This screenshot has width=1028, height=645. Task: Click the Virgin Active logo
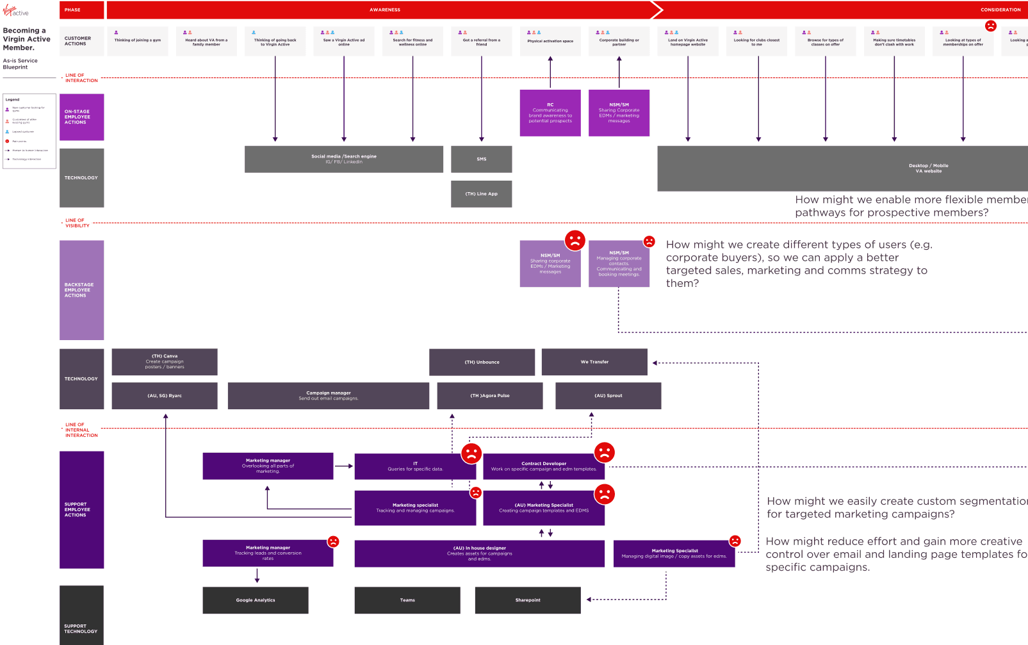click(15, 11)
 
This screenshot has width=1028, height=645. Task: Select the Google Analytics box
click(255, 600)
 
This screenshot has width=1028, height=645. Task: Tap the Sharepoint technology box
click(527, 600)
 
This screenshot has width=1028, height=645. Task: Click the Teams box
click(407, 600)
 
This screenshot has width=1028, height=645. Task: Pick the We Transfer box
click(594, 362)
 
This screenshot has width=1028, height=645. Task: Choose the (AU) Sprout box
click(608, 396)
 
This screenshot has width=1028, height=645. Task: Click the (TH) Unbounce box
click(482, 362)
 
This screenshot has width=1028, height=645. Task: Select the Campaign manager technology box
click(328, 396)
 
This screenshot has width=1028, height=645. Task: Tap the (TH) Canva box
click(164, 362)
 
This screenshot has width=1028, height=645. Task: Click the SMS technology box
click(481, 159)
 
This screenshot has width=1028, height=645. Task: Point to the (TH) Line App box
click(481, 194)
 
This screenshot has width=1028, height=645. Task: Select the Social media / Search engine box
click(343, 159)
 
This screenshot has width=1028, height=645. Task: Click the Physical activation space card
click(550, 41)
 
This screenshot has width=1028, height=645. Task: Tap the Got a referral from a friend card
click(481, 41)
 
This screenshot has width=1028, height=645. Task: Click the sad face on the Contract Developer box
click(604, 452)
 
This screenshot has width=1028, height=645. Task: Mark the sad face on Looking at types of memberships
click(990, 26)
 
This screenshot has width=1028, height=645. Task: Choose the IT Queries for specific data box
click(414, 466)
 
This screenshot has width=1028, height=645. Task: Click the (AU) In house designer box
click(479, 553)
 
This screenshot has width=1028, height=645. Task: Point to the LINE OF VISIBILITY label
click(77, 223)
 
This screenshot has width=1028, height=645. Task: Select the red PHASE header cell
click(81, 10)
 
